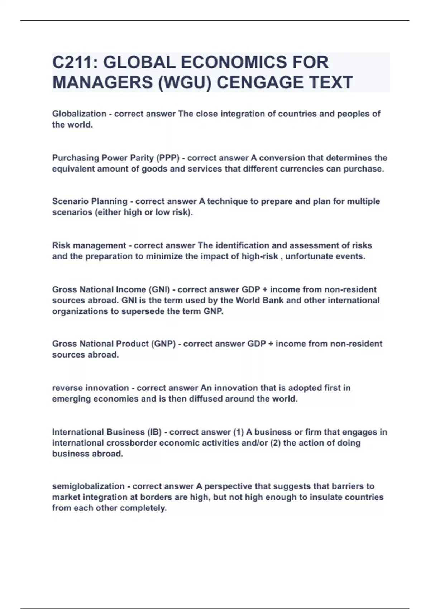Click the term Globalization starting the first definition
79,114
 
